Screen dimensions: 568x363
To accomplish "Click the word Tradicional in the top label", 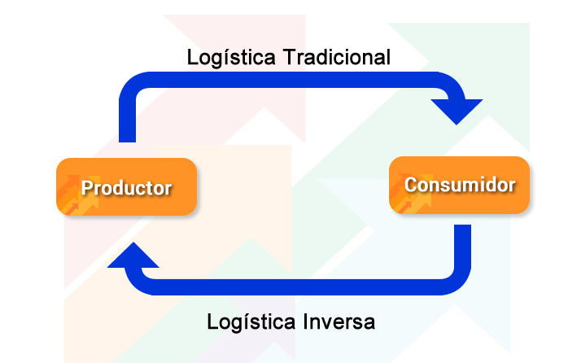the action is click(337, 57).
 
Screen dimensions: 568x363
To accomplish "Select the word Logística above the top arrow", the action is click(231, 59).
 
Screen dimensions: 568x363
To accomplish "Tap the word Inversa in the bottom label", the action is click(339, 321).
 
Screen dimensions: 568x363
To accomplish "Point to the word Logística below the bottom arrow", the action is click(251, 323).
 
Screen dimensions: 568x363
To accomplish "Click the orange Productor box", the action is click(126, 186).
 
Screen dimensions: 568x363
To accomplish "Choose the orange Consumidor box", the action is click(459, 185).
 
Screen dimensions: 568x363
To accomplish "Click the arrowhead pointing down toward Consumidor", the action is click(457, 112).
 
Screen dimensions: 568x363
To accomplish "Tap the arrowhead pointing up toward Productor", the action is click(133, 255).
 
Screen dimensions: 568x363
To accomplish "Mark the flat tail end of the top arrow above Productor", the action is click(127, 142).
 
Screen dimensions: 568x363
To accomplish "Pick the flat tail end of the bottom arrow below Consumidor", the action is click(462, 225).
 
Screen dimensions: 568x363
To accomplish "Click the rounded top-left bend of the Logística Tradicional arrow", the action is click(132, 85).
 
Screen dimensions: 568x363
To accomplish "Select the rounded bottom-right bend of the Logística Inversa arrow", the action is click(459, 282).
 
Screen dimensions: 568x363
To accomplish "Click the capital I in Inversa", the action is click(306, 321).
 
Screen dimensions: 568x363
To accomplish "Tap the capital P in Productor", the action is click(86, 188).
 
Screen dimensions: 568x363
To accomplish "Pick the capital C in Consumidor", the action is click(410, 185).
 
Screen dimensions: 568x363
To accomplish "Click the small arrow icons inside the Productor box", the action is click(78, 195).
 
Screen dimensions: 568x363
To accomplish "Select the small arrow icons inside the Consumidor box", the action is click(411, 194).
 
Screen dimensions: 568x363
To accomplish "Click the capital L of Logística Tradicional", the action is click(192, 57).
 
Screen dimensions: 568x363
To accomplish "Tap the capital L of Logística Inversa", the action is click(212, 321).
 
